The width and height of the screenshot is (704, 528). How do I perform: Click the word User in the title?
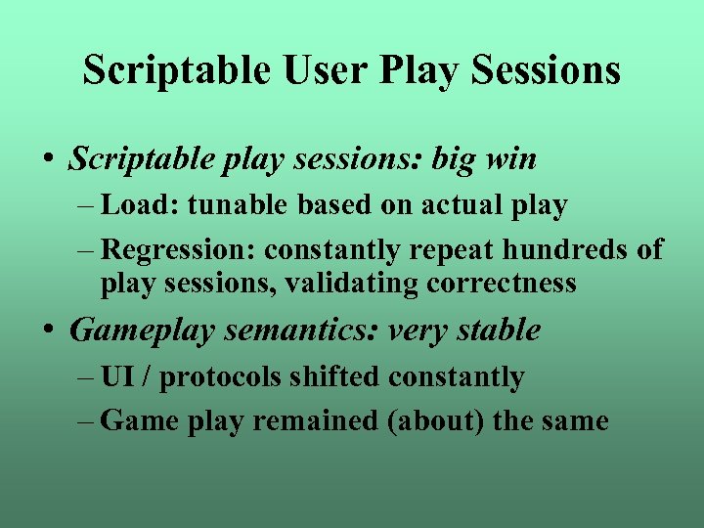click(x=319, y=70)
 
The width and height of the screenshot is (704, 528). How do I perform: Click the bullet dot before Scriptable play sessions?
click(x=48, y=160)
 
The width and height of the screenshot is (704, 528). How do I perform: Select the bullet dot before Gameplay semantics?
click(x=48, y=331)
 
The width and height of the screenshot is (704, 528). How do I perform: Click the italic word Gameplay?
click(x=142, y=330)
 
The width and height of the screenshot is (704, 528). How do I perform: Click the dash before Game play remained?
click(x=85, y=421)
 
